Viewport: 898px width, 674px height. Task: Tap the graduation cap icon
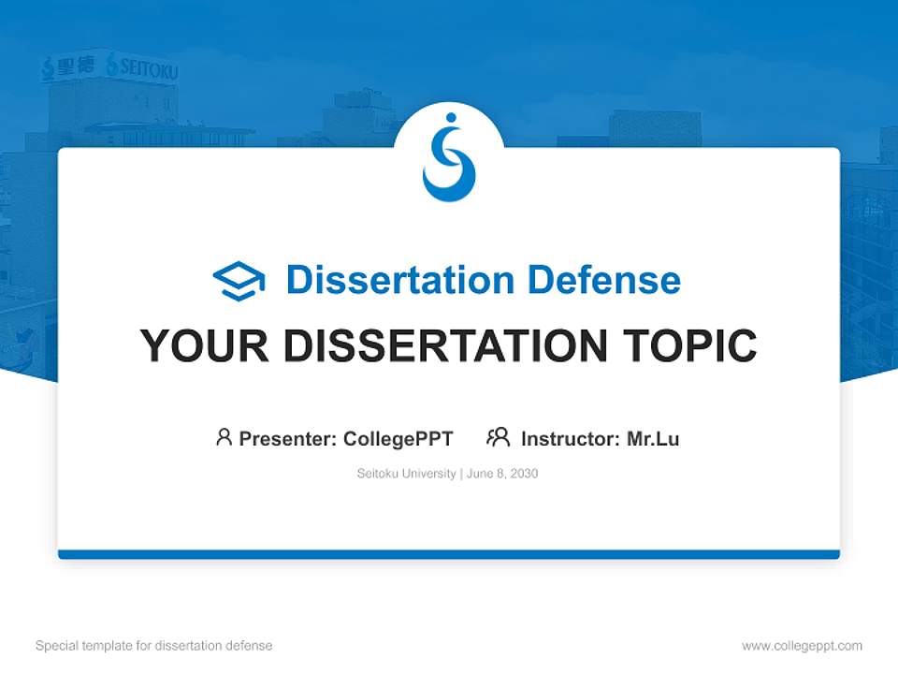[x=239, y=281]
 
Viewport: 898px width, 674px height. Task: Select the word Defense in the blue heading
[x=604, y=280]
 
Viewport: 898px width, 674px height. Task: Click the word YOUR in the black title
[x=205, y=345]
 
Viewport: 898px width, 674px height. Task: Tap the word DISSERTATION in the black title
[x=445, y=345]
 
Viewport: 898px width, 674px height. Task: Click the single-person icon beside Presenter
[x=224, y=437]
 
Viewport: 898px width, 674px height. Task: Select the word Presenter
[x=287, y=439]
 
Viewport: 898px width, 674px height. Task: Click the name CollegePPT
[x=398, y=439]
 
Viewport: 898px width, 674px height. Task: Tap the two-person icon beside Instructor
[x=499, y=437]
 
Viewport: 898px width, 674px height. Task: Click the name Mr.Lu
[x=653, y=439]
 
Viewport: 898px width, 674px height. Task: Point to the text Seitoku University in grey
[x=407, y=474]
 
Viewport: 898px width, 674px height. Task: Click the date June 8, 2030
[x=502, y=474]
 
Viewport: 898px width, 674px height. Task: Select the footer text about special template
[x=154, y=646]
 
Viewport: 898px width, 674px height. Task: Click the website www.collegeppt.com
[x=802, y=646]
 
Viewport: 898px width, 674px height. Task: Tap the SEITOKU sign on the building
[x=142, y=67]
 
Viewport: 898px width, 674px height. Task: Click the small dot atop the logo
[x=451, y=118]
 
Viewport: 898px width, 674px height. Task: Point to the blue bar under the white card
[x=449, y=554]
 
